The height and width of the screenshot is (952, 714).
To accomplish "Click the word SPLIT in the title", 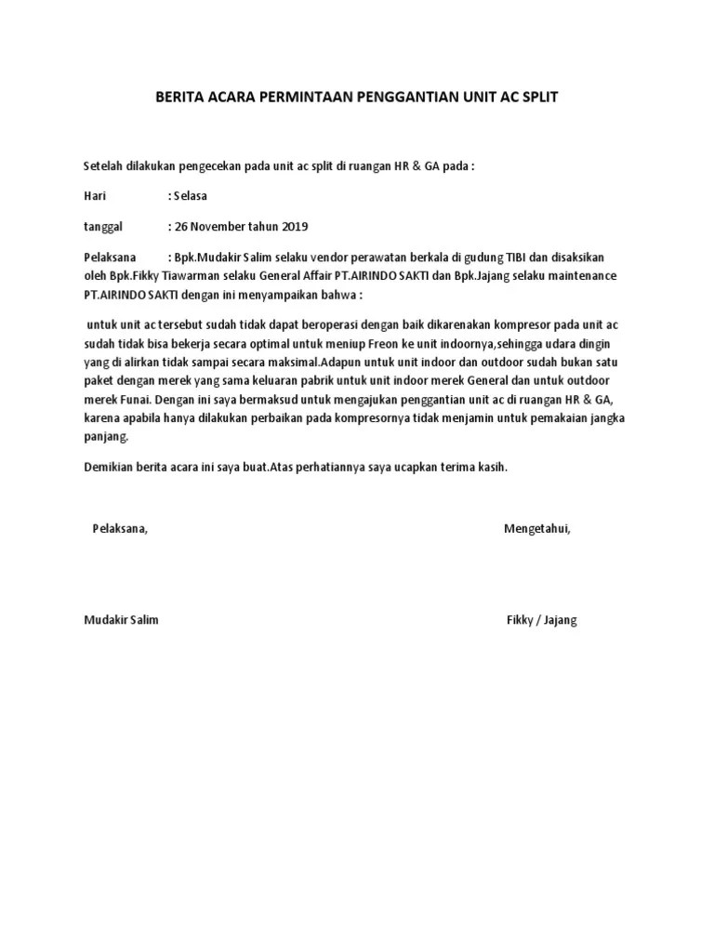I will (x=539, y=97).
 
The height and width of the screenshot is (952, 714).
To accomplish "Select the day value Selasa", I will (x=190, y=196).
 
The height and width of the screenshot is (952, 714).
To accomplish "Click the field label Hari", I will (x=94, y=196).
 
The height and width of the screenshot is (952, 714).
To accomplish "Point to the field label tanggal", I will (x=103, y=226).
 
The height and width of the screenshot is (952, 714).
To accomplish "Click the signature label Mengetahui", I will (x=537, y=529).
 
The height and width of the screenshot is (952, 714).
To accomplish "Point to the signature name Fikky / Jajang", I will (x=542, y=620).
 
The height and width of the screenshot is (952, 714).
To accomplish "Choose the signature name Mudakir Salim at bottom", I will (x=121, y=620).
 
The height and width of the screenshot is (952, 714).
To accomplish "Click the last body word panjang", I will (x=107, y=436).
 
